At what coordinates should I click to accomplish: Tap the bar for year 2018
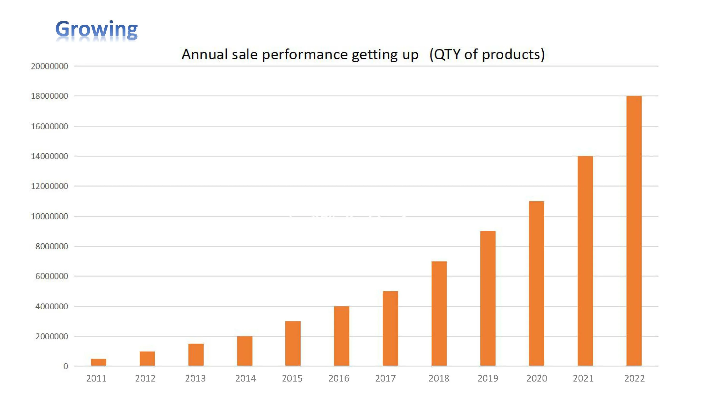(x=439, y=313)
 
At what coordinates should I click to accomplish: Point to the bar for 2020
(x=536, y=283)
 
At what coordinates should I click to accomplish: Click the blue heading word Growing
(x=96, y=29)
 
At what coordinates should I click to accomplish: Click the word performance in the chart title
(x=304, y=54)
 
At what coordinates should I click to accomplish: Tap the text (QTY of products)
(x=487, y=54)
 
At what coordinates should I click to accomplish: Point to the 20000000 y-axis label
(x=50, y=66)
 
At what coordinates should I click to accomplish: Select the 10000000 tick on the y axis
(x=50, y=217)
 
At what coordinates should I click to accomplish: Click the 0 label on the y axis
(x=65, y=366)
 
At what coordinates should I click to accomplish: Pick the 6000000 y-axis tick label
(x=52, y=276)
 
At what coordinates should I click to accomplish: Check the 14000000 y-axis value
(x=50, y=156)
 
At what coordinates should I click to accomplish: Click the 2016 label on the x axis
(x=339, y=379)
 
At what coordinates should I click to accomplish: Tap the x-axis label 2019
(x=488, y=379)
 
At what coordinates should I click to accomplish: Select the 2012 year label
(x=145, y=379)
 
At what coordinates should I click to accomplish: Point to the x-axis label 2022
(x=634, y=379)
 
